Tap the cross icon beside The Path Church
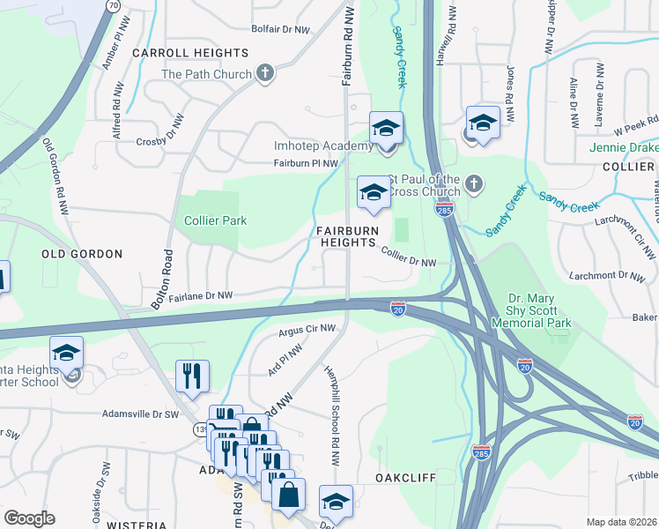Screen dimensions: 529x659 coord(265,75)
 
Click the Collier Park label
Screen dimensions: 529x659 coord(215,220)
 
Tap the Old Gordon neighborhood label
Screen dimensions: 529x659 coord(82,254)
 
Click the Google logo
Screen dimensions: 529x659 coord(30,518)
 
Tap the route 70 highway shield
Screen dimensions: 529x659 coord(113,5)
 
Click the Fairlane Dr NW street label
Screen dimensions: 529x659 coord(201,296)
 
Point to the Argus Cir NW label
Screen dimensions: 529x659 coord(307,330)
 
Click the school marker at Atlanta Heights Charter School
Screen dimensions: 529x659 coord(67,356)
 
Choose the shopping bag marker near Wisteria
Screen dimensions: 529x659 coord(289,497)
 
